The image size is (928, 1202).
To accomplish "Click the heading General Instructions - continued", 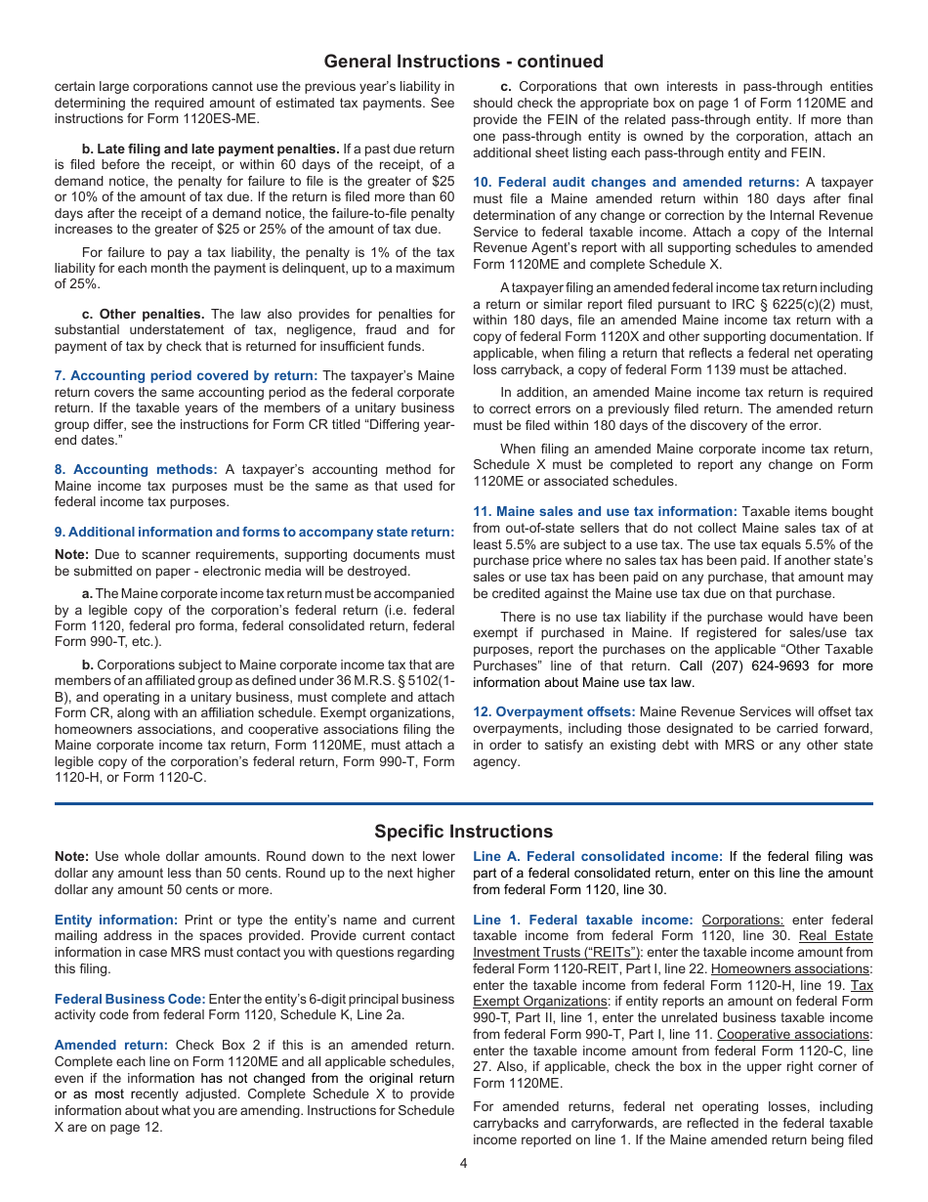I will [463, 62].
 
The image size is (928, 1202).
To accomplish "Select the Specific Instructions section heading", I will [463, 832].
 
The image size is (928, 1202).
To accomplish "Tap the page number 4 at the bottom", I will [464, 1163].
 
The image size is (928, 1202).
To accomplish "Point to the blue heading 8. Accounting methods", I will [136, 469].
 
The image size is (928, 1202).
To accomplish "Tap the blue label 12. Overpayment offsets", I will [554, 711].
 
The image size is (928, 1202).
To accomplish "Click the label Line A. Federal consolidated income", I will [598, 856].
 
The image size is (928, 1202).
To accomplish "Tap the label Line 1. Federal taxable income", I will [583, 920].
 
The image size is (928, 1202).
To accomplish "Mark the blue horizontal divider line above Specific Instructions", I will [463, 804].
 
